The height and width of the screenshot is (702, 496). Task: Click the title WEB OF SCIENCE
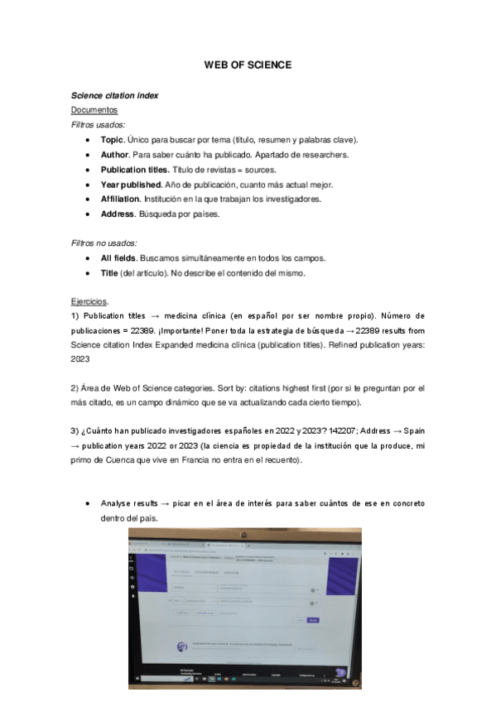tap(248, 65)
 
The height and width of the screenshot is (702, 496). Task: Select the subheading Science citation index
tap(114, 95)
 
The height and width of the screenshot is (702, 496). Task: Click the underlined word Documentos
tap(94, 109)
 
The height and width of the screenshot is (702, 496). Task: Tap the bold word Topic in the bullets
tap(112, 140)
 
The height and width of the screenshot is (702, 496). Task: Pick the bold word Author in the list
tap(114, 155)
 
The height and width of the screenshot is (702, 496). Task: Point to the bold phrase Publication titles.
tap(134, 170)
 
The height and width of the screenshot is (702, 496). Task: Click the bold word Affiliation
tap(120, 200)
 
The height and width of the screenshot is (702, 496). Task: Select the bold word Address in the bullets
tap(118, 214)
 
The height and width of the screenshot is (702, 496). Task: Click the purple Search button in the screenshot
tap(312, 619)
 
